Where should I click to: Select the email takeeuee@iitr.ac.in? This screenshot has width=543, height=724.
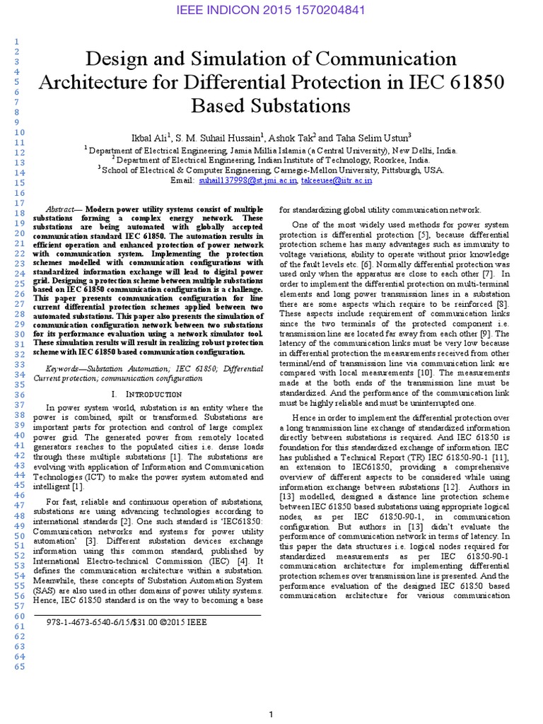tap(337, 181)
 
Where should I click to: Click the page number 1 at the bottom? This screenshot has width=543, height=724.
tap(271, 715)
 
